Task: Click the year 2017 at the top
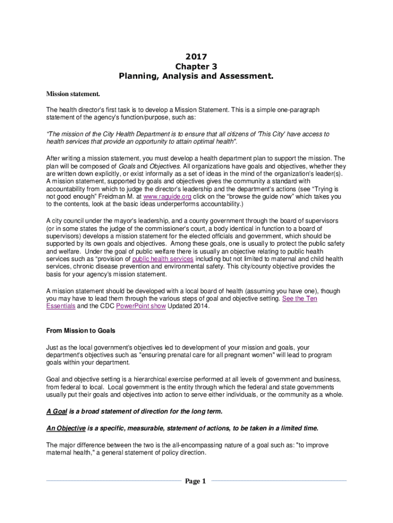[x=196, y=57]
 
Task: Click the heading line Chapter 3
[x=196, y=66]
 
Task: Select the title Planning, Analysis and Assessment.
[x=196, y=77]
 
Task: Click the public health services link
[x=162, y=259]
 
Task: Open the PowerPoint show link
[x=137, y=306]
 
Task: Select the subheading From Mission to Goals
[x=81, y=330]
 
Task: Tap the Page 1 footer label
[x=196, y=481]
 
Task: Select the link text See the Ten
[x=300, y=298]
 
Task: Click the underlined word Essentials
[x=61, y=306]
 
